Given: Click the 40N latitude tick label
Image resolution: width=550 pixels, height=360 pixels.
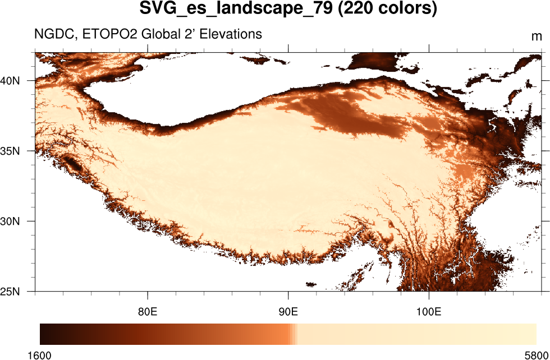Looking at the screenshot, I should (11, 81).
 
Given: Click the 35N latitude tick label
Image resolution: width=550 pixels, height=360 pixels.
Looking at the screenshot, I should (11, 151).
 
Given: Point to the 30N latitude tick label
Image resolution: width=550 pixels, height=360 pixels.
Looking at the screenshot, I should (11, 221).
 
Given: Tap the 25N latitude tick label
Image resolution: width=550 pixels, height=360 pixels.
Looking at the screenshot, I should (11, 292).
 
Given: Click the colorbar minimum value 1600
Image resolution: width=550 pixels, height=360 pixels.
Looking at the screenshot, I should (40, 354).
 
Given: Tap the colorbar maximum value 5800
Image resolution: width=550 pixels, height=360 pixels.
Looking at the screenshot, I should (536, 354).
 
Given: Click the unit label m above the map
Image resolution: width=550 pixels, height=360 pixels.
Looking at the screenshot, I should (537, 37).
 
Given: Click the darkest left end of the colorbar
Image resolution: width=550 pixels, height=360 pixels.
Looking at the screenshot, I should (43, 334).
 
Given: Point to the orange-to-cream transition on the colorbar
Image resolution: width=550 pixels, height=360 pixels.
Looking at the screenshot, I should (294, 334).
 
